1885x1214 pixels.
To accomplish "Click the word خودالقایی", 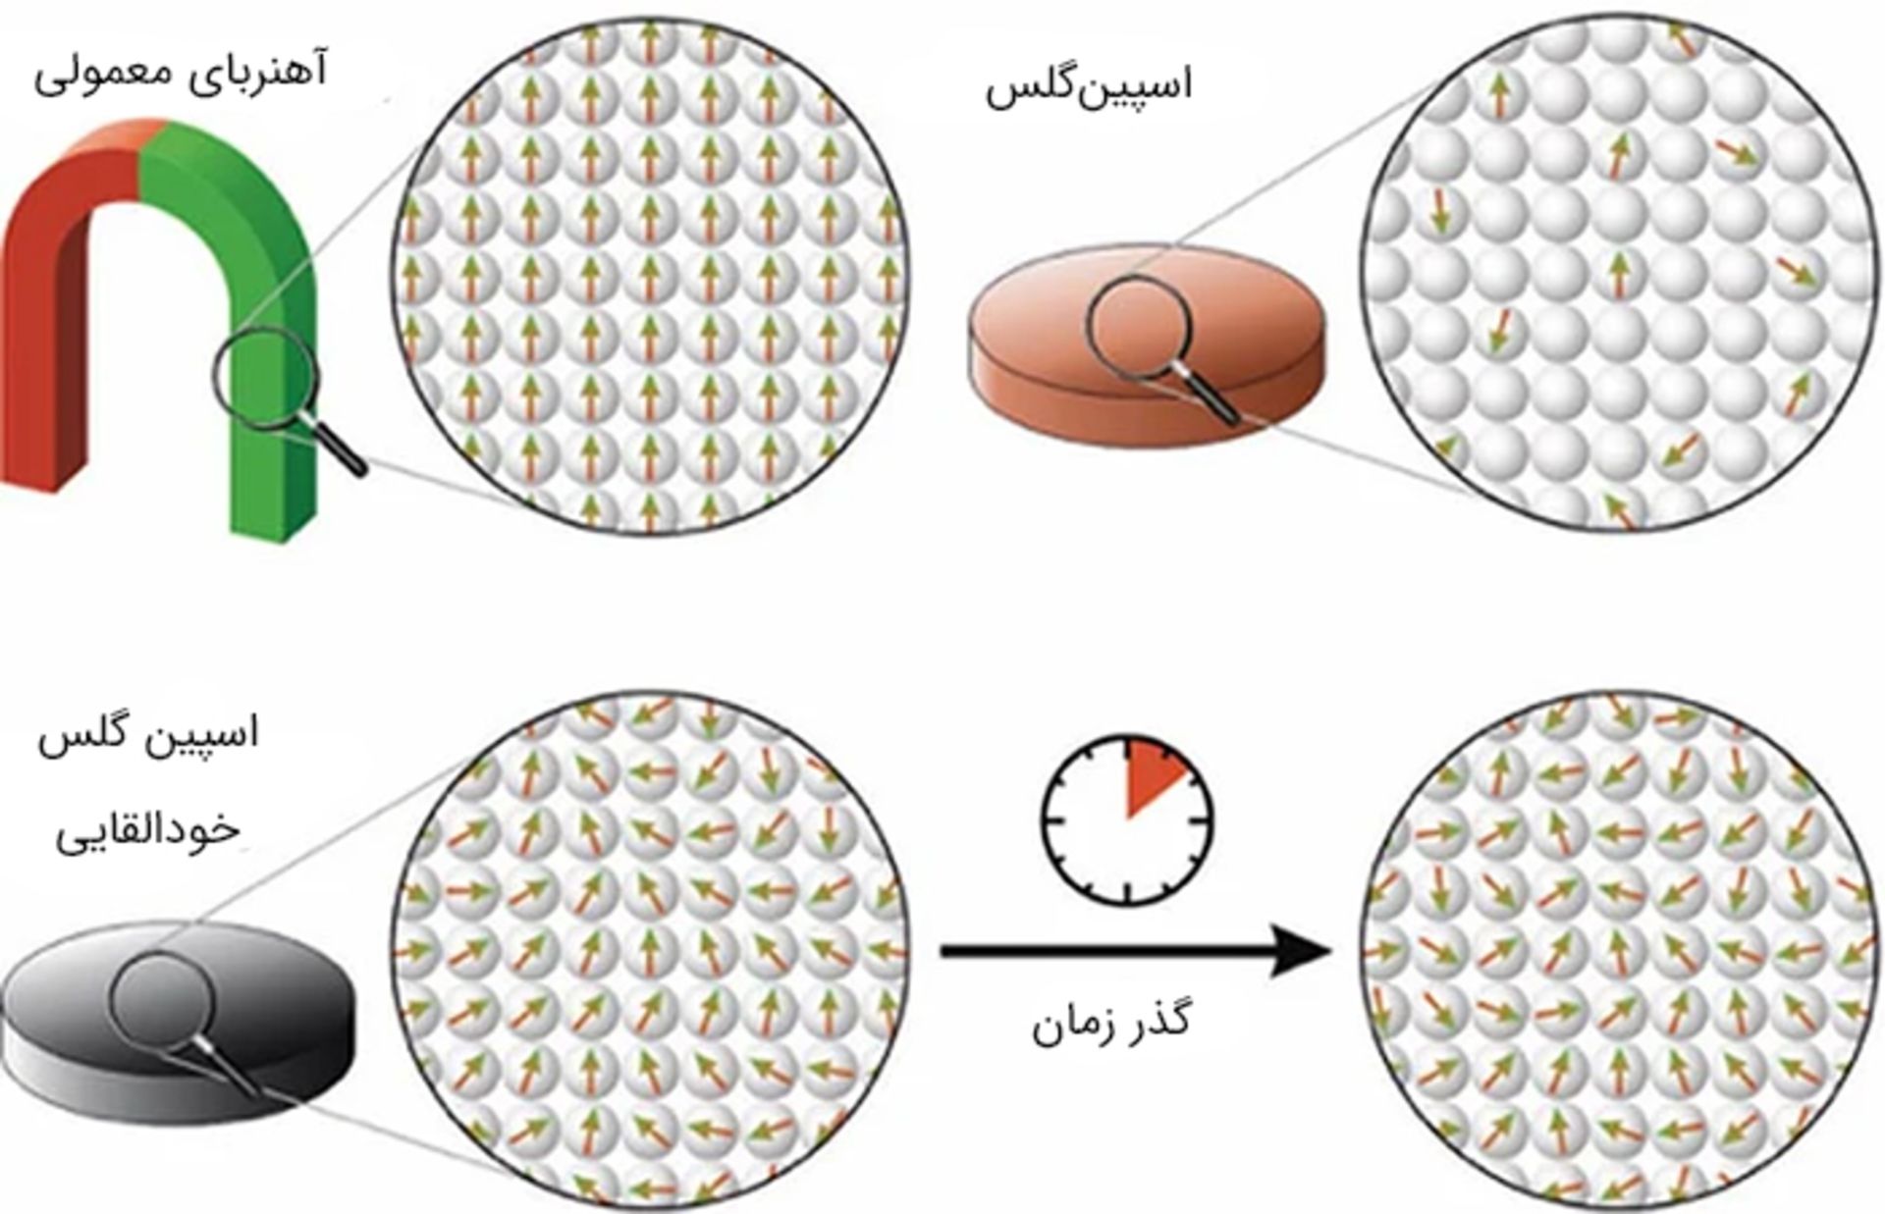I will pos(147,830).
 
